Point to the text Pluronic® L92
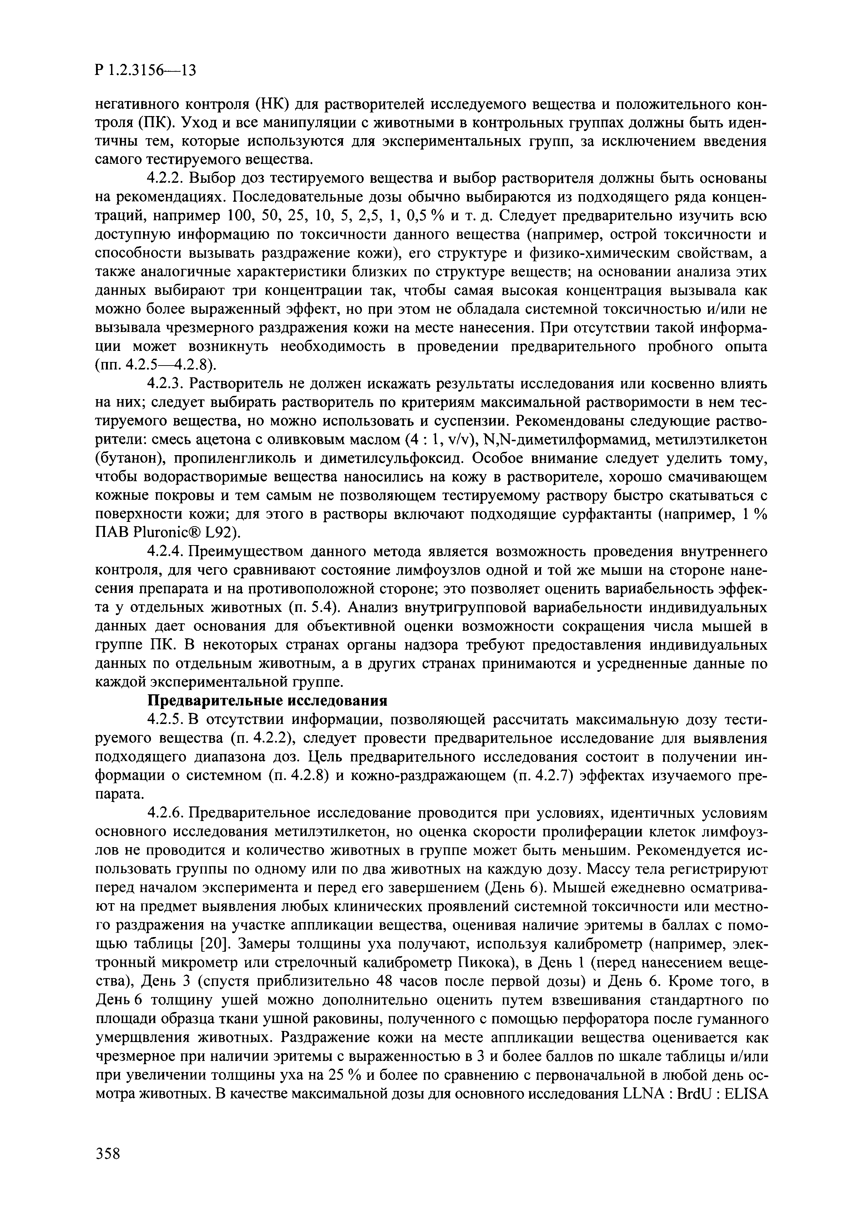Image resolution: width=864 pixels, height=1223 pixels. (184, 533)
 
